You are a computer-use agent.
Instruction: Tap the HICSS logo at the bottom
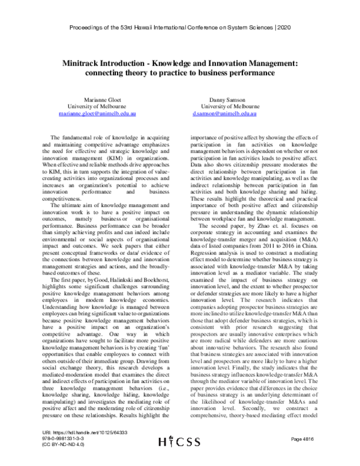pos(179,458)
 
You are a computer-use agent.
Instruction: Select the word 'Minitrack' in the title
pos(82,62)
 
